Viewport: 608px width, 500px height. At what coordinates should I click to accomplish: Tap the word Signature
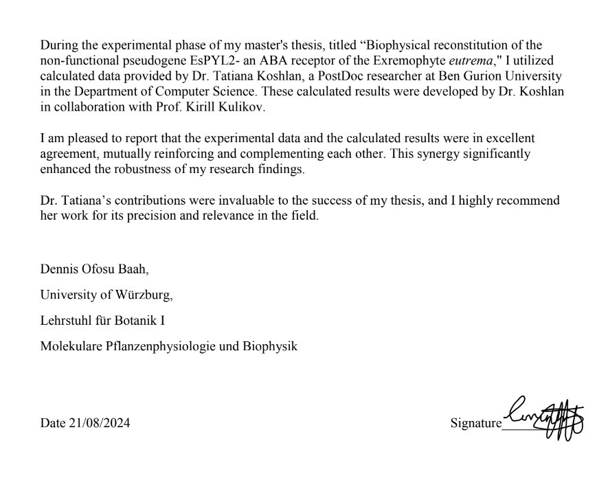[475, 423]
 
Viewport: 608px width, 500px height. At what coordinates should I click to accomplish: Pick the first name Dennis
[58, 270]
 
